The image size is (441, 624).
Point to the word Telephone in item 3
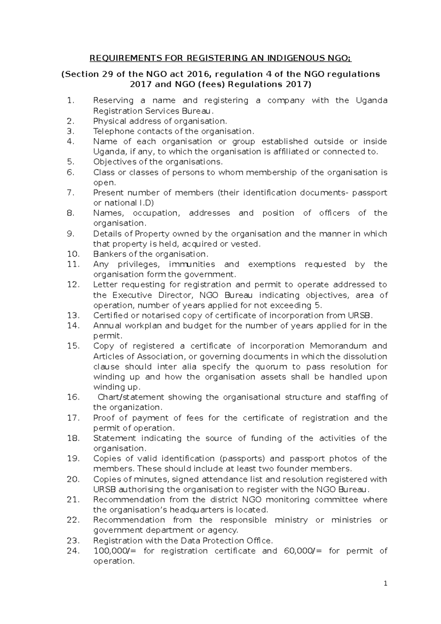[110, 131]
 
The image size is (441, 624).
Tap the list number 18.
[73, 438]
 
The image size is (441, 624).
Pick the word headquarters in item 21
[192, 510]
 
